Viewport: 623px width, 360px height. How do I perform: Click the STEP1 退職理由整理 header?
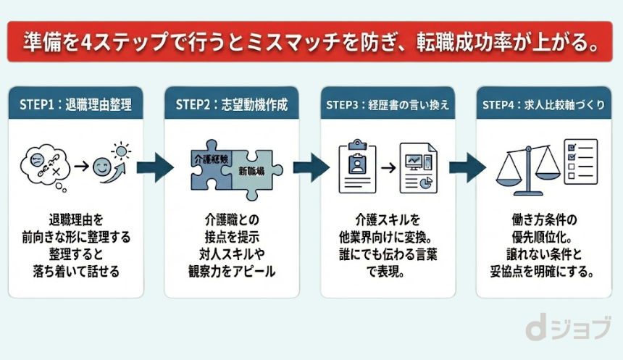tap(78, 104)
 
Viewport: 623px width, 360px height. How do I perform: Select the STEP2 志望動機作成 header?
tap(232, 104)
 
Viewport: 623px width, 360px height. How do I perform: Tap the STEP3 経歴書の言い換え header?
tap(388, 104)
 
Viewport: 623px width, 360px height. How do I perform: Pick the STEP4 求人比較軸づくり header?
tap(543, 104)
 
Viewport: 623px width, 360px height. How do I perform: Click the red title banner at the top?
tap(311, 41)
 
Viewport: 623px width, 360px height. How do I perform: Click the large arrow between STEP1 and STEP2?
tap(155, 167)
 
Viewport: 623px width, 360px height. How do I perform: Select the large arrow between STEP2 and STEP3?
tap(311, 167)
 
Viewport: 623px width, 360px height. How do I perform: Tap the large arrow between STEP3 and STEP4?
tap(467, 167)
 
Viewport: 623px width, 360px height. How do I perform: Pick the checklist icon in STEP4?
tap(580, 161)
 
